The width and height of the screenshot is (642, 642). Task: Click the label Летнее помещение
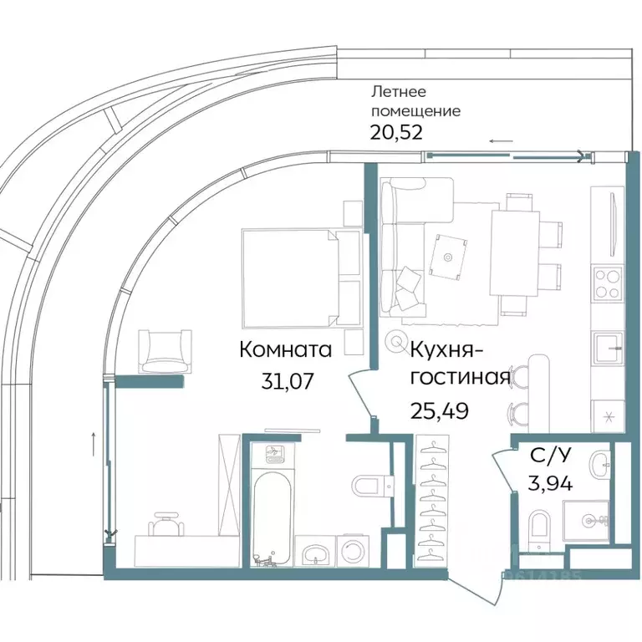pyautogui.click(x=415, y=102)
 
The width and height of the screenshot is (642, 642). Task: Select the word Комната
pyautogui.click(x=286, y=349)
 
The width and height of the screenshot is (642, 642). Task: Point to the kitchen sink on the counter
pyautogui.click(x=607, y=344)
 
